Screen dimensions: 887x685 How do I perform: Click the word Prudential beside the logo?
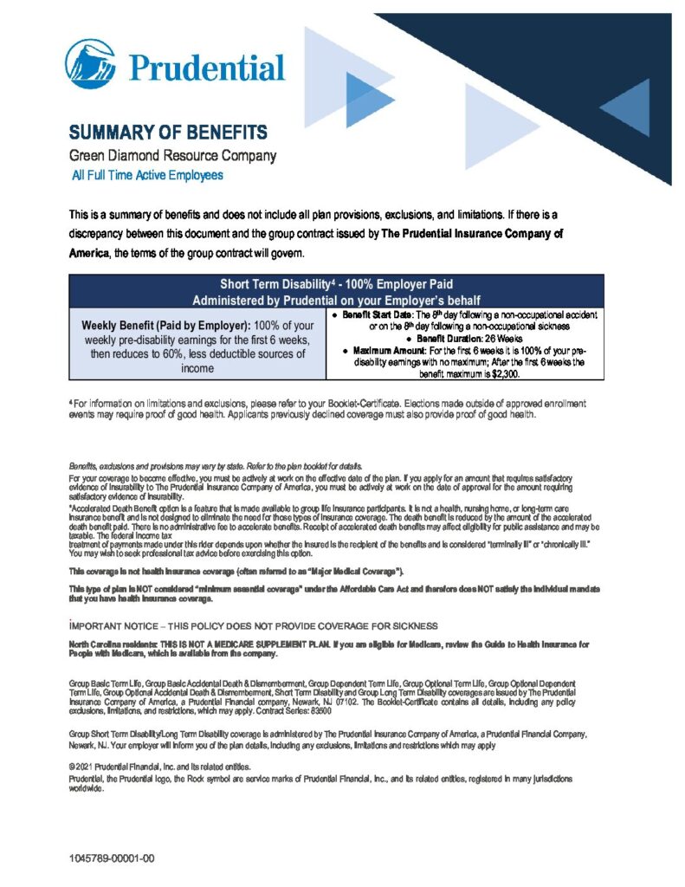(206, 67)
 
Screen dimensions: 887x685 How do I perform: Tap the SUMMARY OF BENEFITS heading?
(168, 133)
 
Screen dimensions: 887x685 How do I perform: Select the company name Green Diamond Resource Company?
(172, 156)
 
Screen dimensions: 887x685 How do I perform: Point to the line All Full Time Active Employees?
(147, 175)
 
